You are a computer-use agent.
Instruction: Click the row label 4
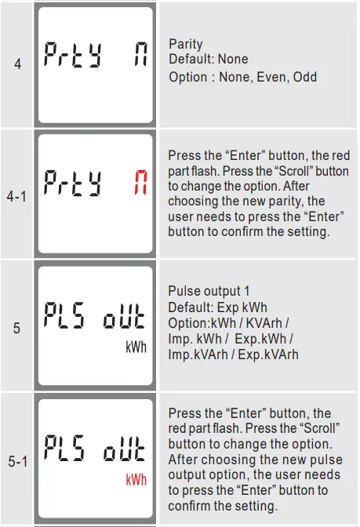pyautogui.click(x=17, y=64)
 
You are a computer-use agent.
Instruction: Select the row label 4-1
pyautogui.click(x=16, y=197)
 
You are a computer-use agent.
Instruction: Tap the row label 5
pyautogui.click(x=16, y=329)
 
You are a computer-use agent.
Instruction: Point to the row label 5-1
pyautogui.click(x=17, y=461)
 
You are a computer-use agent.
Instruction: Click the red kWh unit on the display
pyautogui.click(x=136, y=479)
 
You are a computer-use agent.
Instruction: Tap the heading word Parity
pyautogui.click(x=186, y=44)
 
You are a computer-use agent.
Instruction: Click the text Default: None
pyautogui.click(x=208, y=59)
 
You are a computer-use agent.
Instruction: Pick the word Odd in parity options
pyautogui.click(x=305, y=78)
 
